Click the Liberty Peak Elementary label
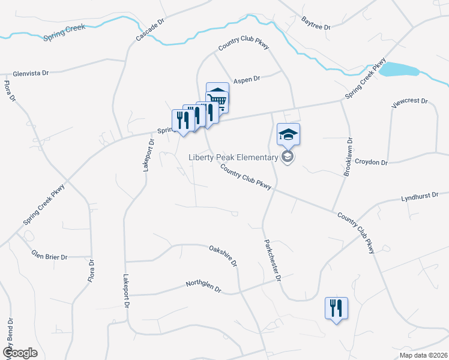point(234,158)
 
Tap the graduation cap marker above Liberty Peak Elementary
point(288,136)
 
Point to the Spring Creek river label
point(64,33)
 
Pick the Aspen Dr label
point(246,79)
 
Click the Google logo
point(20,353)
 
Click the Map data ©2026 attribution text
point(423,355)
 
